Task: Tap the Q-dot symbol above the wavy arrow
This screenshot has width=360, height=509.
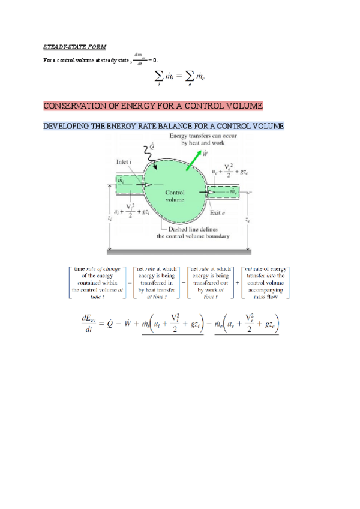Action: pos(152,145)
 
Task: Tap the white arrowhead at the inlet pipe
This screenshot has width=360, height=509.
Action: pos(148,185)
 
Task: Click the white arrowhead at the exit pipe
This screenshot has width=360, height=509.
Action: pos(212,193)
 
